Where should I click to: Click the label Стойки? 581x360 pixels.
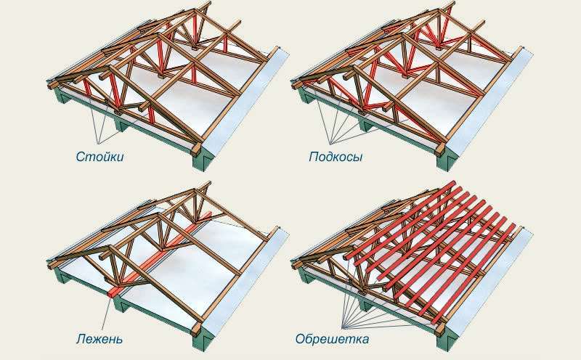99,157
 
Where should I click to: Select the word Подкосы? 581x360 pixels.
336,157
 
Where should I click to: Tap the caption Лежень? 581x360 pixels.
99,338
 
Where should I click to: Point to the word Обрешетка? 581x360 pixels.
332,338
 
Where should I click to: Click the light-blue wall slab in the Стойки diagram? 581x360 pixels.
245,107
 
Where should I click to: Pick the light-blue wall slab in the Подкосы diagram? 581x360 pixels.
489,107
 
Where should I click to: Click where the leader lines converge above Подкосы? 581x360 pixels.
331,144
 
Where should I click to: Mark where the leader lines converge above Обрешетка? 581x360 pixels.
343,328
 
